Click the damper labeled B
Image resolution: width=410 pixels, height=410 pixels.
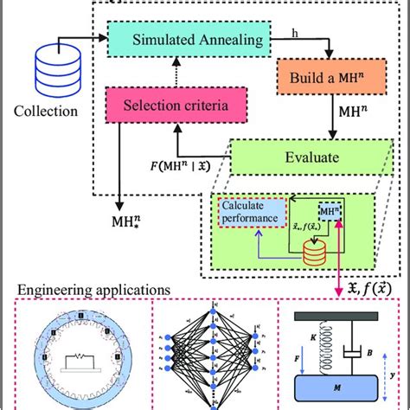[360, 343]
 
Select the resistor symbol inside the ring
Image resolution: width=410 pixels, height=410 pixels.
[79, 356]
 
